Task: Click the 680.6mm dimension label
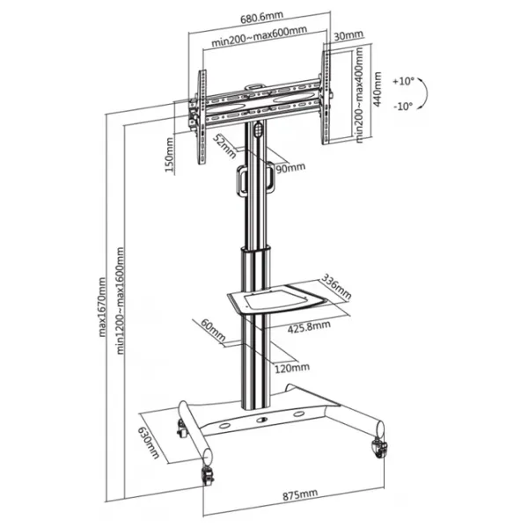click(x=261, y=18)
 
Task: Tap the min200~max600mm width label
click(x=260, y=36)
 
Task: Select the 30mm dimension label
click(x=348, y=35)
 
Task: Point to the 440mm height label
click(x=378, y=90)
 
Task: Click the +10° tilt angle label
click(x=403, y=82)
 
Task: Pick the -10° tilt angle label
click(x=403, y=106)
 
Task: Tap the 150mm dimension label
click(x=169, y=155)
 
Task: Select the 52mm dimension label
click(x=225, y=146)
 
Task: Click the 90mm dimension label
click(x=290, y=167)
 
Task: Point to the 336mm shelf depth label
click(x=336, y=287)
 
